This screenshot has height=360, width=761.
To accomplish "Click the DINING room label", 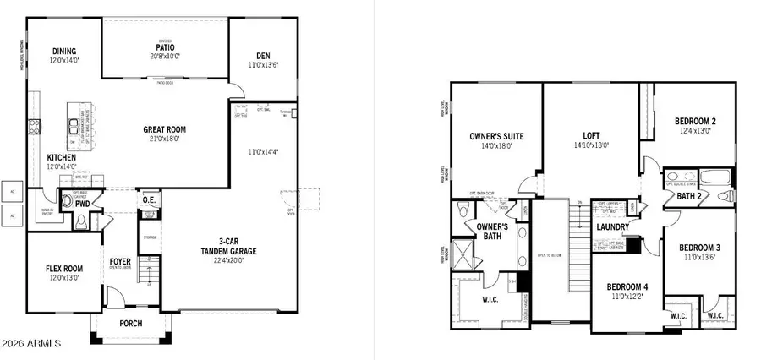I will pos(63,51).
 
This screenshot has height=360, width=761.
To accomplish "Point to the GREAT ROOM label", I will pos(165,130).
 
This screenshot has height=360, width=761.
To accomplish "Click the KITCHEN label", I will pos(63,158).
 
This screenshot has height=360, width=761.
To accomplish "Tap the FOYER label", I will pos(120,261).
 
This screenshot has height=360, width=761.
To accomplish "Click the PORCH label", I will pos(130,324).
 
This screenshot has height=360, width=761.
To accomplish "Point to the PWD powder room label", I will pos(82,204).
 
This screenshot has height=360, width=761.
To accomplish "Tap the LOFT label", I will pos(590,134).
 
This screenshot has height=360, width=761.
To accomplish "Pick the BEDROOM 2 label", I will pos(696,120).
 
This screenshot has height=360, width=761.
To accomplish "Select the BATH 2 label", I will pos(687,197).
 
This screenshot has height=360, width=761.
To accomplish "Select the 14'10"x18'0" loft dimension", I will pos(590,145).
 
